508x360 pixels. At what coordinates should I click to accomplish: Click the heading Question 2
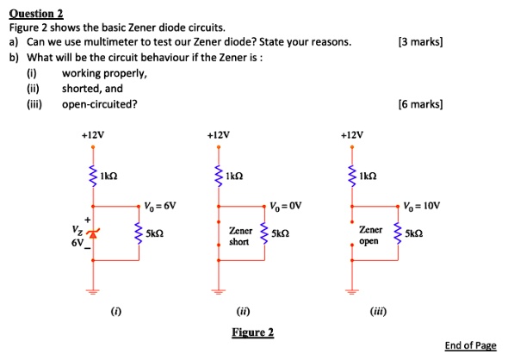click(36, 13)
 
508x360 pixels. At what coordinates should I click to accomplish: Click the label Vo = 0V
click(285, 206)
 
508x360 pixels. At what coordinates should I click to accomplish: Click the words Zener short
click(240, 237)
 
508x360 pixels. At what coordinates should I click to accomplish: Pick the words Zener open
click(370, 236)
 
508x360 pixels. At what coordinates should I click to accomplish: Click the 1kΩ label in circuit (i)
click(109, 176)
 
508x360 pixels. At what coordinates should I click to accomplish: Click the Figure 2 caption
click(252, 332)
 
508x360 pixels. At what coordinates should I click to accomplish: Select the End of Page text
click(470, 345)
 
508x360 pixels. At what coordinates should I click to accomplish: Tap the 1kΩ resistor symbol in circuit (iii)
click(350, 176)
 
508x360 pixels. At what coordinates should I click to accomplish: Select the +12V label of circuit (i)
click(93, 135)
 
